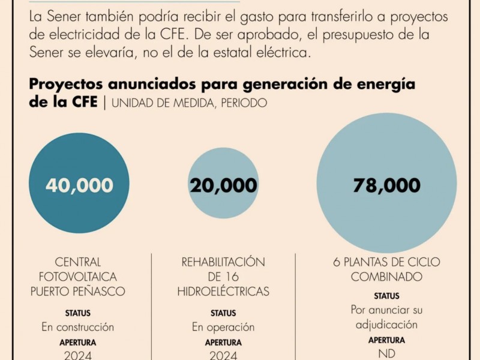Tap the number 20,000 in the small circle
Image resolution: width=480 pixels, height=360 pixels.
pyautogui.click(x=223, y=186)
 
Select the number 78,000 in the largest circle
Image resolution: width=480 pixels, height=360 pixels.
pyautogui.click(x=386, y=185)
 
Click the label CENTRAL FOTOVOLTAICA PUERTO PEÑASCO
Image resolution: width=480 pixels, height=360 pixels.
pyautogui.click(x=77, y=277)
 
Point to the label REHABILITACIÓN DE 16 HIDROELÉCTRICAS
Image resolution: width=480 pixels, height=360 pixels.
pyautogui.click(x=223, y=277)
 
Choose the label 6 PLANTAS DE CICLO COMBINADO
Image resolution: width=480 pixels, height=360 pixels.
pyautogui.click(x=386, y=269)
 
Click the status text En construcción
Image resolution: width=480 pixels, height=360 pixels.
pyautogui.click(x=77, y=327)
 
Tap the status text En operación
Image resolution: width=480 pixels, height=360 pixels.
pyautogui.click(x=223, y=327)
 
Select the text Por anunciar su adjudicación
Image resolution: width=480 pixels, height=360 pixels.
pyautogui.click(x=386, y=317)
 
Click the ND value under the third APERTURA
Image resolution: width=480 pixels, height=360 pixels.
pyautogui.click(x=386, y=354)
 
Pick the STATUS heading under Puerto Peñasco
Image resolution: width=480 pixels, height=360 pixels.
pyautogui.click(x=77, y=313)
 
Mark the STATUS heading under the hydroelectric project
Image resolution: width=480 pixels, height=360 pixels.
pyautogui.click(x=223, y=313)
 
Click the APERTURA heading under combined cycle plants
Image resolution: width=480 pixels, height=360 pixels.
pyautogui.click(x=386, y=340)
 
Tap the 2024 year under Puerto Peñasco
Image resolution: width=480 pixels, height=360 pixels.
pyautogui.click(x=77, y=355)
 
